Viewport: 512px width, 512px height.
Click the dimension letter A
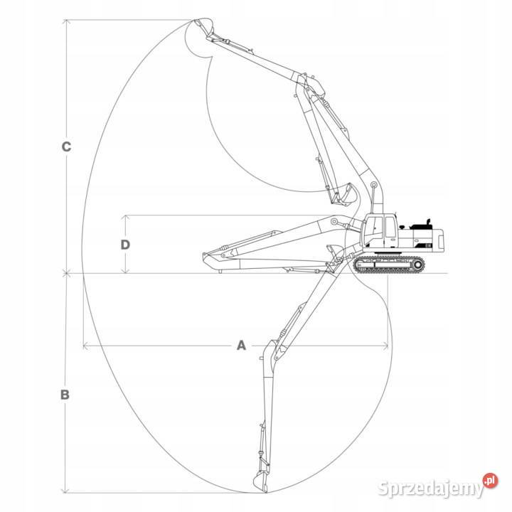coord(240,346)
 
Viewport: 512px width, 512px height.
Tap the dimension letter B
coord(65,394)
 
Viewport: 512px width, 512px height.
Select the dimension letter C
coord(65,147)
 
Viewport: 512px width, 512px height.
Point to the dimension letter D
coord(125,244)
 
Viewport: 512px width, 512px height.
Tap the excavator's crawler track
coord(388,265)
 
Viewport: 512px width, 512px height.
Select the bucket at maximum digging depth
coord(261,477)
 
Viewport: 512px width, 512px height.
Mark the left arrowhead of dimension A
coord(85,346)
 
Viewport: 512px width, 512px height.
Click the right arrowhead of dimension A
coord(388,346)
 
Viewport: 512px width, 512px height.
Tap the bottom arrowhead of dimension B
coord(65,491)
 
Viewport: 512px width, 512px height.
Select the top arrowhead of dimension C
coord(65,21)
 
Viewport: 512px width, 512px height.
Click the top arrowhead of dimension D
coord(125,216)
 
